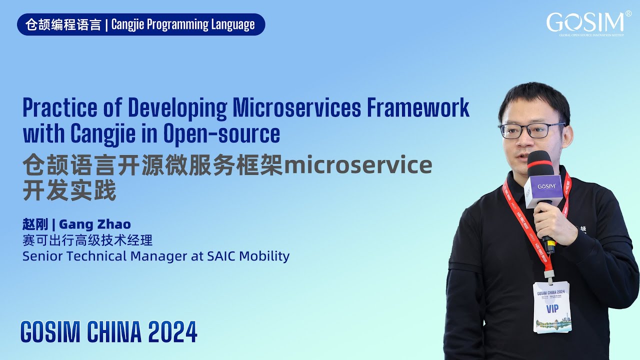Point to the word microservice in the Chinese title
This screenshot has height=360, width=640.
tap(357, 165)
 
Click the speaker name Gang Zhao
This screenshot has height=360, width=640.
tap(95, 224)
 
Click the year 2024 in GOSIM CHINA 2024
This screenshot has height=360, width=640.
tap(172, 331)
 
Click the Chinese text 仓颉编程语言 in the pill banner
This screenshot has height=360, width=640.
tap(63, 24)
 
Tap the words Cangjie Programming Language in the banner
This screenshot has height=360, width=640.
tap(183, 24)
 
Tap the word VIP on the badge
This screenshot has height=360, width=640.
tap(552, 309)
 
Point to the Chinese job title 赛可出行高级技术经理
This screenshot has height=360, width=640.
tap(87, 240)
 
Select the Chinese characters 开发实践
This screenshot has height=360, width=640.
tap(69, 191)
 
